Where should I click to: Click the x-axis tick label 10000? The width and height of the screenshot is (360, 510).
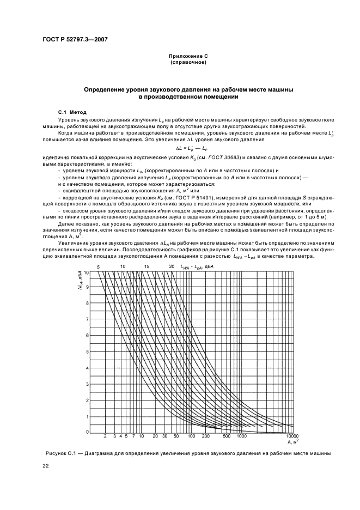coord(292,437)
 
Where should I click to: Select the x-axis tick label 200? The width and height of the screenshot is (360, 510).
coord(206,437)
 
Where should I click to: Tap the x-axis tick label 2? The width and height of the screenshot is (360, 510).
coord(105,437)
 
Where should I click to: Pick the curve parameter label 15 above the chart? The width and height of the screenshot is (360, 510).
coord(147,266)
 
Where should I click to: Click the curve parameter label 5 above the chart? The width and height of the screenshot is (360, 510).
coord(99,266)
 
